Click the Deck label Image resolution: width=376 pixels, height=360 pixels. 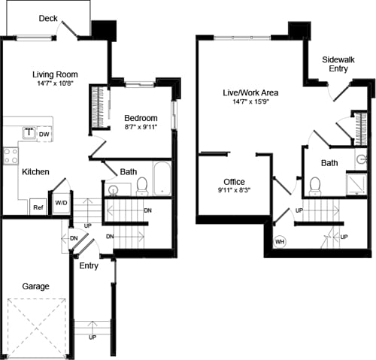[48, 18]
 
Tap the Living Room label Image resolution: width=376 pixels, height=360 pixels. [56, 74]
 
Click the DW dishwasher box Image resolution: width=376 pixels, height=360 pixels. [44, 135]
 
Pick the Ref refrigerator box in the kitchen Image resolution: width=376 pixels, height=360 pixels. [37, 207]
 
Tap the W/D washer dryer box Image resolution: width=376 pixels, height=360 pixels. [61, 203]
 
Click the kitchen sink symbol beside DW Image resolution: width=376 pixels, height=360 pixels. [28, 135]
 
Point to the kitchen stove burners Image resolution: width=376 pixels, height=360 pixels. [11, 156]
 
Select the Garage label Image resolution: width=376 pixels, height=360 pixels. [35, 286]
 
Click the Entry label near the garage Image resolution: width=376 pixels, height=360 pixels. [89, 266]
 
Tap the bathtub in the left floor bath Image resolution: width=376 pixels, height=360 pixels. [162, 179]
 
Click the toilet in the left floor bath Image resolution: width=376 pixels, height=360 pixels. [141, 185]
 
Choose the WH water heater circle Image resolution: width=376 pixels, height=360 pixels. [280, 242]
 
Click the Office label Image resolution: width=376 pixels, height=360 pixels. [234, 182]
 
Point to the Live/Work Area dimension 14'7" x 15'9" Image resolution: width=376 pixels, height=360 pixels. [250, 102]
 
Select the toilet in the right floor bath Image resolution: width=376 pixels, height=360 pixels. [315, 185]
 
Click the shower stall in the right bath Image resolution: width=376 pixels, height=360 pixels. [356, 183]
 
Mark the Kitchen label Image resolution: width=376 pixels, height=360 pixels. [35, 172]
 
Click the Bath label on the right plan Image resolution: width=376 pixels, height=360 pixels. [329, 162]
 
